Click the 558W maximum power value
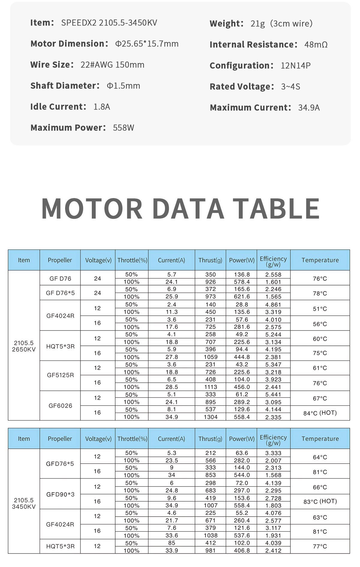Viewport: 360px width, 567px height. [123, 128]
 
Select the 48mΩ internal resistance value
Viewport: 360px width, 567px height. [316, 45]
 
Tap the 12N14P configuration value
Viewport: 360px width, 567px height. [295, 66]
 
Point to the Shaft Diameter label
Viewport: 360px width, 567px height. [65, 86]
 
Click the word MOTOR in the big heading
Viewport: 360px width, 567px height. [92, 208]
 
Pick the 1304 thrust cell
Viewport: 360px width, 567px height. [211, 417]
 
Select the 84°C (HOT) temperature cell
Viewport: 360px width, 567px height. [320, 413]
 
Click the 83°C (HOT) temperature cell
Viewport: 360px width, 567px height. [320, 502]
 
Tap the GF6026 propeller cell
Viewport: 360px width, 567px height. [60, 406]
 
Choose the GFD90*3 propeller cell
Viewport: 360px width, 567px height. [60, 494]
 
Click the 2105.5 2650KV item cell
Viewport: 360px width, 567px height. [24, 346]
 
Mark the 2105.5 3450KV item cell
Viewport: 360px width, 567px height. [24, 503]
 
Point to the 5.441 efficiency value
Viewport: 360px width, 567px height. [273, 395]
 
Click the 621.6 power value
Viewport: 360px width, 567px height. [242, 297]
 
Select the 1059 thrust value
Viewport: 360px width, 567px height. [211, 357]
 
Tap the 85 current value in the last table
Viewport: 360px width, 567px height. [172, 543]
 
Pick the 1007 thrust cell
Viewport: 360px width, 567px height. [211, 505]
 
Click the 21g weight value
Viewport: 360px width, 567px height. [258, 24]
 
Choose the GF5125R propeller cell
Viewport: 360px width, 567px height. [60, 375]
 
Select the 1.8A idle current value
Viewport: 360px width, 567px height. [102, 107]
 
